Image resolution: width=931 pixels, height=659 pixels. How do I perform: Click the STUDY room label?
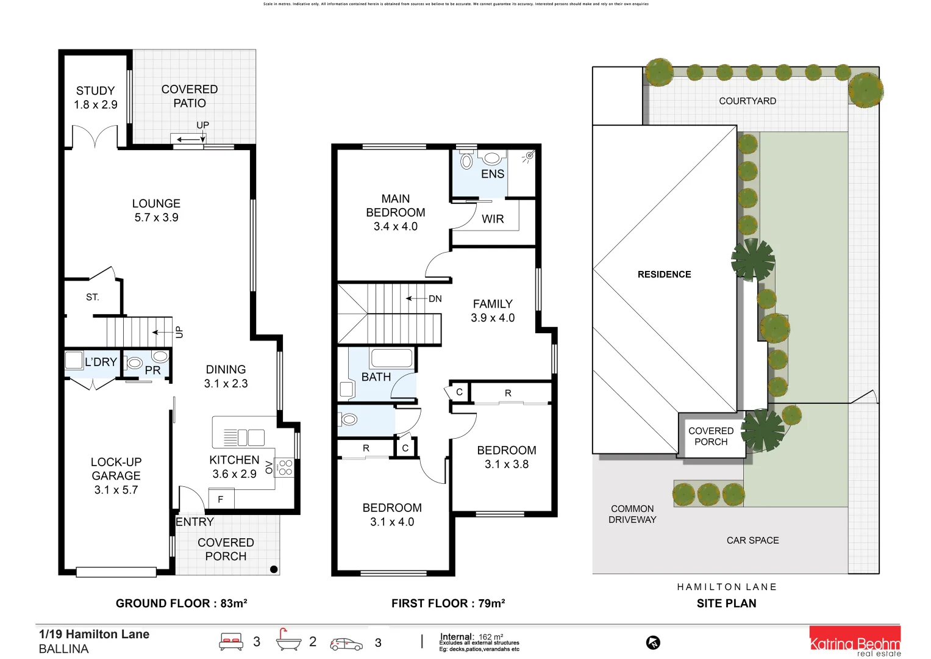95,90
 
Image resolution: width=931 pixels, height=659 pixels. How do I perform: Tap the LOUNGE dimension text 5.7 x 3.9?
156,218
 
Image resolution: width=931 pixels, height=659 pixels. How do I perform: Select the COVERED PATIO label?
190,96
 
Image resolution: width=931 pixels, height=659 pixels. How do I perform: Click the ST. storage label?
92,297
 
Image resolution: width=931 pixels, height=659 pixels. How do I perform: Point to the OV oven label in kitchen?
269,467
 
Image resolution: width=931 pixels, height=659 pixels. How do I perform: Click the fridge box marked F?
221,499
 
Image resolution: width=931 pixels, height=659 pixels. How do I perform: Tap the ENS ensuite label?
493,174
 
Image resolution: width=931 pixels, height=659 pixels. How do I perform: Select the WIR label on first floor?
493,219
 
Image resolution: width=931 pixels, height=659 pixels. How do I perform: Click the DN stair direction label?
435,298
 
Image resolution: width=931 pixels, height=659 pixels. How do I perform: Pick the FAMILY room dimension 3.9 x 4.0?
493,318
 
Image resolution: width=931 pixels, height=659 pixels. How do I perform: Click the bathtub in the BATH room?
391,358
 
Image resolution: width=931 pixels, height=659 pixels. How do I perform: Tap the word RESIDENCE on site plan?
664,275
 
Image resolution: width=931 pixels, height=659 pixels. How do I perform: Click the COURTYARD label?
747,101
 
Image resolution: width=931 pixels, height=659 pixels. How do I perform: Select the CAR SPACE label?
752,540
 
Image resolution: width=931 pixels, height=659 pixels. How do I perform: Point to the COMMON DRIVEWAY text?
632,514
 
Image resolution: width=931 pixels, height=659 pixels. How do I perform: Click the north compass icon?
653,643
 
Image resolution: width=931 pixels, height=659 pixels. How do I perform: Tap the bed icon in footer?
231,642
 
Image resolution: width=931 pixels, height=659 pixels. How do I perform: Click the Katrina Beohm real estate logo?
854,643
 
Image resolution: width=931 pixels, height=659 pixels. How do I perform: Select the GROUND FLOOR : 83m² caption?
181,603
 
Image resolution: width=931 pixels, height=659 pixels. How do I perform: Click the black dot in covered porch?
274,569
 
